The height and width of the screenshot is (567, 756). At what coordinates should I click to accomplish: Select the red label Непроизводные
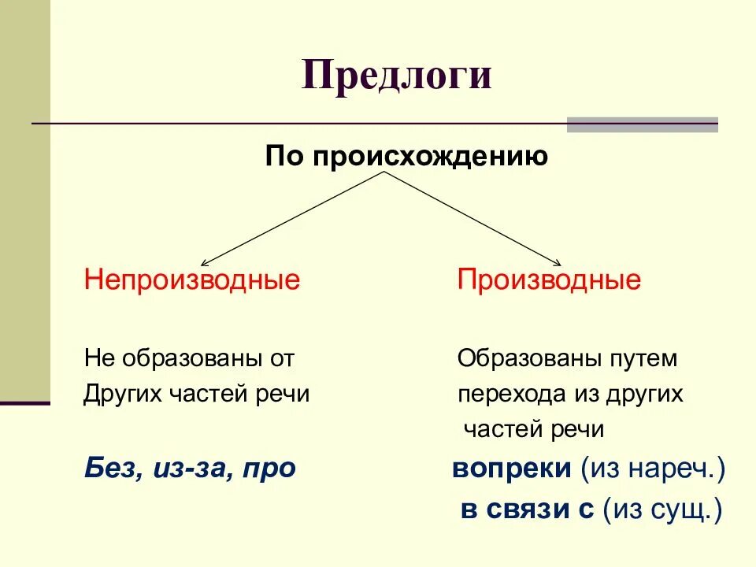point(192,280)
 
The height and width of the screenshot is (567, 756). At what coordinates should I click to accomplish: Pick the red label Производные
point(549,280)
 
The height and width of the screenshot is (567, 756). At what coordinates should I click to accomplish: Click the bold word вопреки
point(512,469)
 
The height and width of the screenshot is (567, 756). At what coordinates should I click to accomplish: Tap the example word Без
point(109,469)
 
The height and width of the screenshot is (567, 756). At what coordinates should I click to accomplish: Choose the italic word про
point(269,469)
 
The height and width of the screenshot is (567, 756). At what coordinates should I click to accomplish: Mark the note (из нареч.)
point(653,469)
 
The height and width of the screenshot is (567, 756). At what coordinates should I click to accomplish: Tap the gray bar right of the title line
point(642,124)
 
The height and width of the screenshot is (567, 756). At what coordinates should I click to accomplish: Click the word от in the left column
point(281,359)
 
